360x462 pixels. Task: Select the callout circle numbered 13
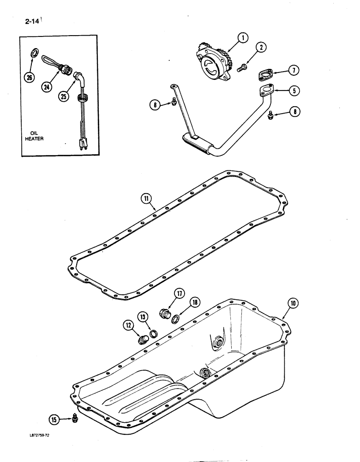coord(143,317)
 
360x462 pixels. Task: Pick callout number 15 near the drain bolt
coord(55,419)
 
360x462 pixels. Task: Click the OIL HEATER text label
coord(35,136)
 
